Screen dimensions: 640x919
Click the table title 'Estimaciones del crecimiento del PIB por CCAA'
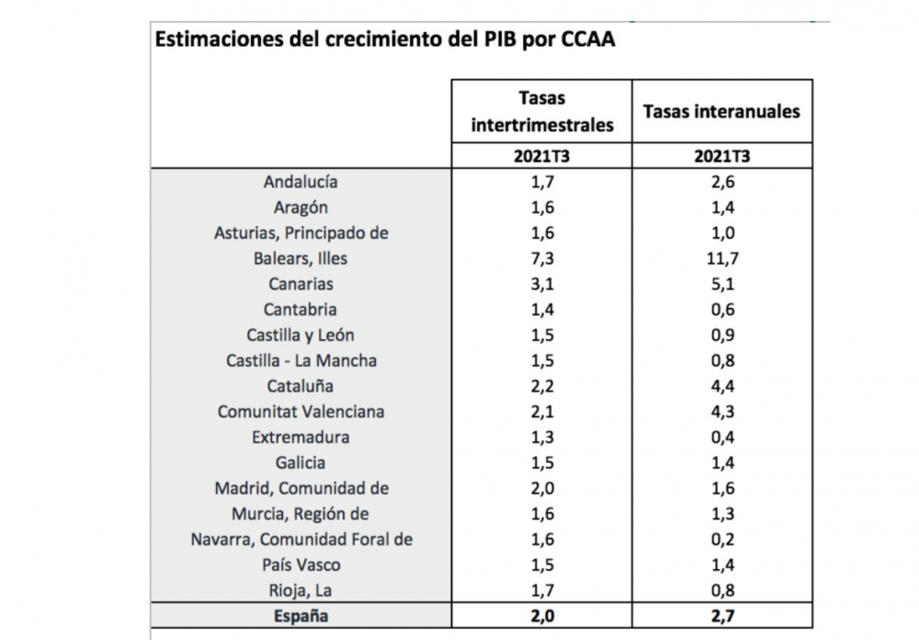pos(384,41)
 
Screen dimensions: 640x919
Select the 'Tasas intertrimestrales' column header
pos(541,111)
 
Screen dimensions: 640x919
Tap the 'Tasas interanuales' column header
pos(721,111)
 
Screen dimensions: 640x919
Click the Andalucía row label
pos(301,182)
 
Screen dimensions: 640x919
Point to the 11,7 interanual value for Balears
pos(721,259)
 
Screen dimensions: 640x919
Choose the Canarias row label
pos(301,284)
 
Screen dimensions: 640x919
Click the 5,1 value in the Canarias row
pos(721,284)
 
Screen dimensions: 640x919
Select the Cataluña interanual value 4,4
pos(721,386)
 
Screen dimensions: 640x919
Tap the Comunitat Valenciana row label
pos(301,412)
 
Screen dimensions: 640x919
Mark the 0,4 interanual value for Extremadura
pos(721,438)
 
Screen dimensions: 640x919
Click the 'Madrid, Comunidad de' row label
pos(301,489)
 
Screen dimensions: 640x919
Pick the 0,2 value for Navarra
pos(721,540)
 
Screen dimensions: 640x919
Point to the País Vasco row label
pos(301,566)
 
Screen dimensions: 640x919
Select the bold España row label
pos(301,617)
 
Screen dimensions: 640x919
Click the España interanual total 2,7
pos(721,617)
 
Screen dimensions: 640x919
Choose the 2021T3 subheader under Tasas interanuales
pos(721,155)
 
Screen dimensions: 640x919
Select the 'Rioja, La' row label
pos(301,591)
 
